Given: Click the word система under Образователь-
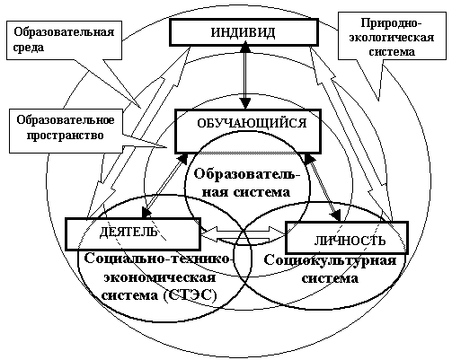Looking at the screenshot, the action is coord(261,192).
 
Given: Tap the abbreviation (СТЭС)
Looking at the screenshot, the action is coord(190,295).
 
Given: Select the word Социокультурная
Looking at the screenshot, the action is coord(330,260).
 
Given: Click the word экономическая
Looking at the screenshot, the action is coord(160,277).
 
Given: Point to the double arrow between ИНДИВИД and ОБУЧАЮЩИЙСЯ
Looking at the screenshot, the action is coord(246,76).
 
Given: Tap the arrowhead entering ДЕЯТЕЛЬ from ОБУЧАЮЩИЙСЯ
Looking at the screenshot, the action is coord(146,211).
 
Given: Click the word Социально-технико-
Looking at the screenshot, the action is coord(159,259).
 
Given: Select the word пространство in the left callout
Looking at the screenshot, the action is coord(66,136).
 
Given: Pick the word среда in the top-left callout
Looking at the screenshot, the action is coord(29,48).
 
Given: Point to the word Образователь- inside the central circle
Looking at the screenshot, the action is coord(246,174).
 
